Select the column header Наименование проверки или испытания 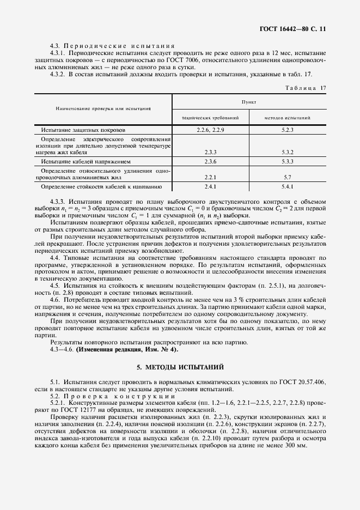point(103,109)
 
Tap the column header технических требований point(210,117)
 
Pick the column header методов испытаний point(288,117)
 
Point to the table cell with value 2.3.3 point(210,152)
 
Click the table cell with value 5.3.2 point(288,152)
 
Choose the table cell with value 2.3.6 point(210,162)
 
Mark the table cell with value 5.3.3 point(288,162)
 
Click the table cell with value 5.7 point(288,177)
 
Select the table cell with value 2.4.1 point(210,187)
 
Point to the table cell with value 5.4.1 point(288,187)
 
